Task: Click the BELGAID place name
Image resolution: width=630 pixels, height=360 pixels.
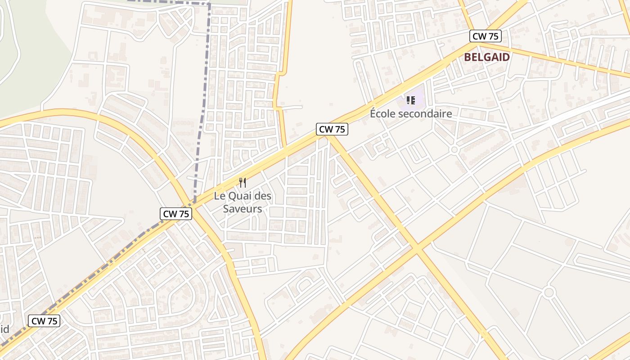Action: pos(487,57)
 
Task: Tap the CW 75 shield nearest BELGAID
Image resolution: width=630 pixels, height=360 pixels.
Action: pos(486,36)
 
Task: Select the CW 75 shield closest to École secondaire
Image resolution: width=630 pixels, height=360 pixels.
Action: pos(332,129)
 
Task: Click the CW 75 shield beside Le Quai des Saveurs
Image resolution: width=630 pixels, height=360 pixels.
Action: pos(176,214)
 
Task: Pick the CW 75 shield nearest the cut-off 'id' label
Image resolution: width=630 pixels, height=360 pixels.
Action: pos(44,321)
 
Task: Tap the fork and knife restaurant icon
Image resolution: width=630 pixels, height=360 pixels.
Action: pos(243,182)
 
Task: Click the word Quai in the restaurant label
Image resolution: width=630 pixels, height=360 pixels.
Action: pos(241,196)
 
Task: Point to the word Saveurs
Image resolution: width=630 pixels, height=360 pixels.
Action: pos(243,209)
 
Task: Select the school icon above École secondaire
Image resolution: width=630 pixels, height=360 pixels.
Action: pos(410,100)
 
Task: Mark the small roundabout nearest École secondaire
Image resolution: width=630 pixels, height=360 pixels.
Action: pos(454,149)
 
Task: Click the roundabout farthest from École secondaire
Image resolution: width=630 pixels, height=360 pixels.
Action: pos(548,292)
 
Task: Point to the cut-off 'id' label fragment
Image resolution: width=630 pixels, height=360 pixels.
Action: pos(4,329)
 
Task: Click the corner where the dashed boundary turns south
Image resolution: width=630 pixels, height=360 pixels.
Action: pos(209,4)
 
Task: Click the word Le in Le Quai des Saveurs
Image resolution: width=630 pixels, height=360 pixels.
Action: pos(219,196)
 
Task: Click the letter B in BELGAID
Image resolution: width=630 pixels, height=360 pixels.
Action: pos(468,57)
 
